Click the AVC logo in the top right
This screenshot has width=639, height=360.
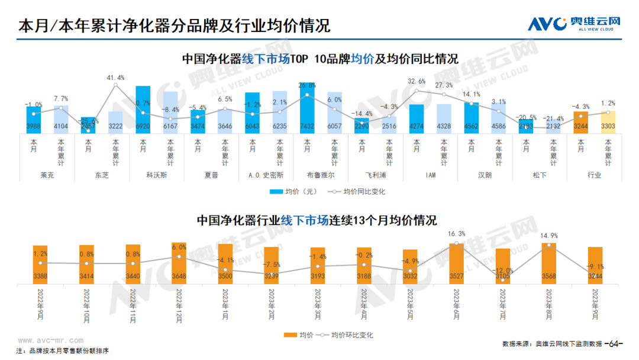pos(575,24)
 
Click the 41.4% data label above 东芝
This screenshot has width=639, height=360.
pos(115,78)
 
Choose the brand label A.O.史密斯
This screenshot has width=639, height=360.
pos(266,175)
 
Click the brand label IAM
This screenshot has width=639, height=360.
pos(430,175)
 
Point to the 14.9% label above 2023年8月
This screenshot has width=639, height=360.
pos(549,236)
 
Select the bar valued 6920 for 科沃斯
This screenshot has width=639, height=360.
pos(143,110)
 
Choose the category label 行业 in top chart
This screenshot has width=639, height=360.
pos(594,175)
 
